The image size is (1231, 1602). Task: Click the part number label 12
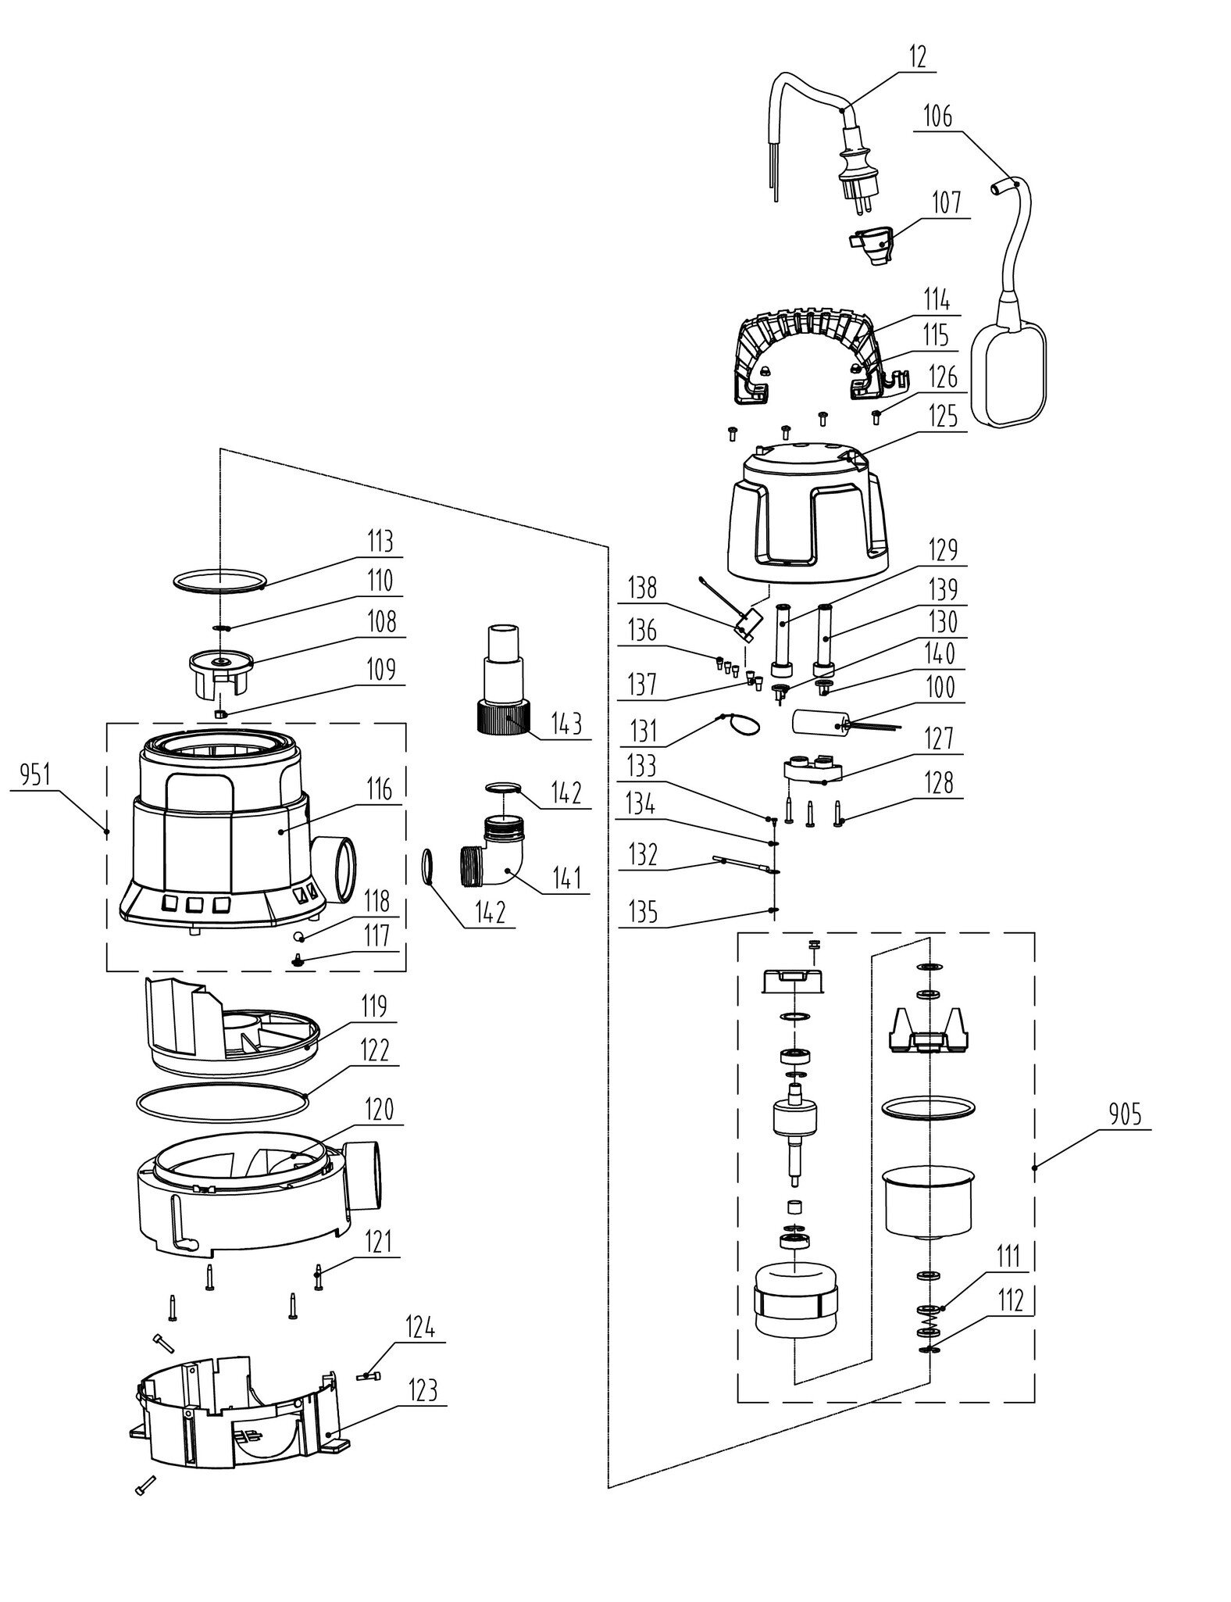[x=919, y=58]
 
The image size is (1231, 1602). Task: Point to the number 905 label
[x=1123, y=1114]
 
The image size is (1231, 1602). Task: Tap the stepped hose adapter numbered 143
[x=502, y=678]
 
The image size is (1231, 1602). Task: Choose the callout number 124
[x=419, y=1327]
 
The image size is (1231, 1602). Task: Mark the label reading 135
[x=642, y=912]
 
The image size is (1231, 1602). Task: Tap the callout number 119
[x=373, y=1007]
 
